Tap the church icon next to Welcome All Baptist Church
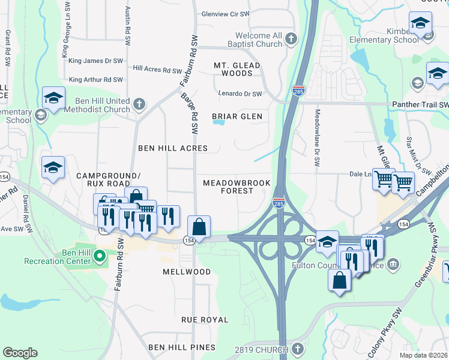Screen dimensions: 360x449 pos(291,40)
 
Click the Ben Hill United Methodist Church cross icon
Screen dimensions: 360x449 pos(139,104)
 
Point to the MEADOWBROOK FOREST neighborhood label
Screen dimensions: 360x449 pos(237,187)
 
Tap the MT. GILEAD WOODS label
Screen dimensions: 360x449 pos(237,69)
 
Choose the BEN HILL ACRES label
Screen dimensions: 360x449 pos(173,148)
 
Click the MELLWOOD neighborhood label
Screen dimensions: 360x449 pos(187,272)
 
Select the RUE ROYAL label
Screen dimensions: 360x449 pos(205,320)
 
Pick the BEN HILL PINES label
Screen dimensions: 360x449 pos(182,347)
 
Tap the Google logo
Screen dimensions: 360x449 pos(20,353)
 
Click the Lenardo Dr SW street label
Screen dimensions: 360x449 pos(240,94)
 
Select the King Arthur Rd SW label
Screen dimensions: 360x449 pos(96,80)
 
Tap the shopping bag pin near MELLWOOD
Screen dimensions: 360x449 pos(199,227)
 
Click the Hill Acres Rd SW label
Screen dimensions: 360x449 pos(155,70)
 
